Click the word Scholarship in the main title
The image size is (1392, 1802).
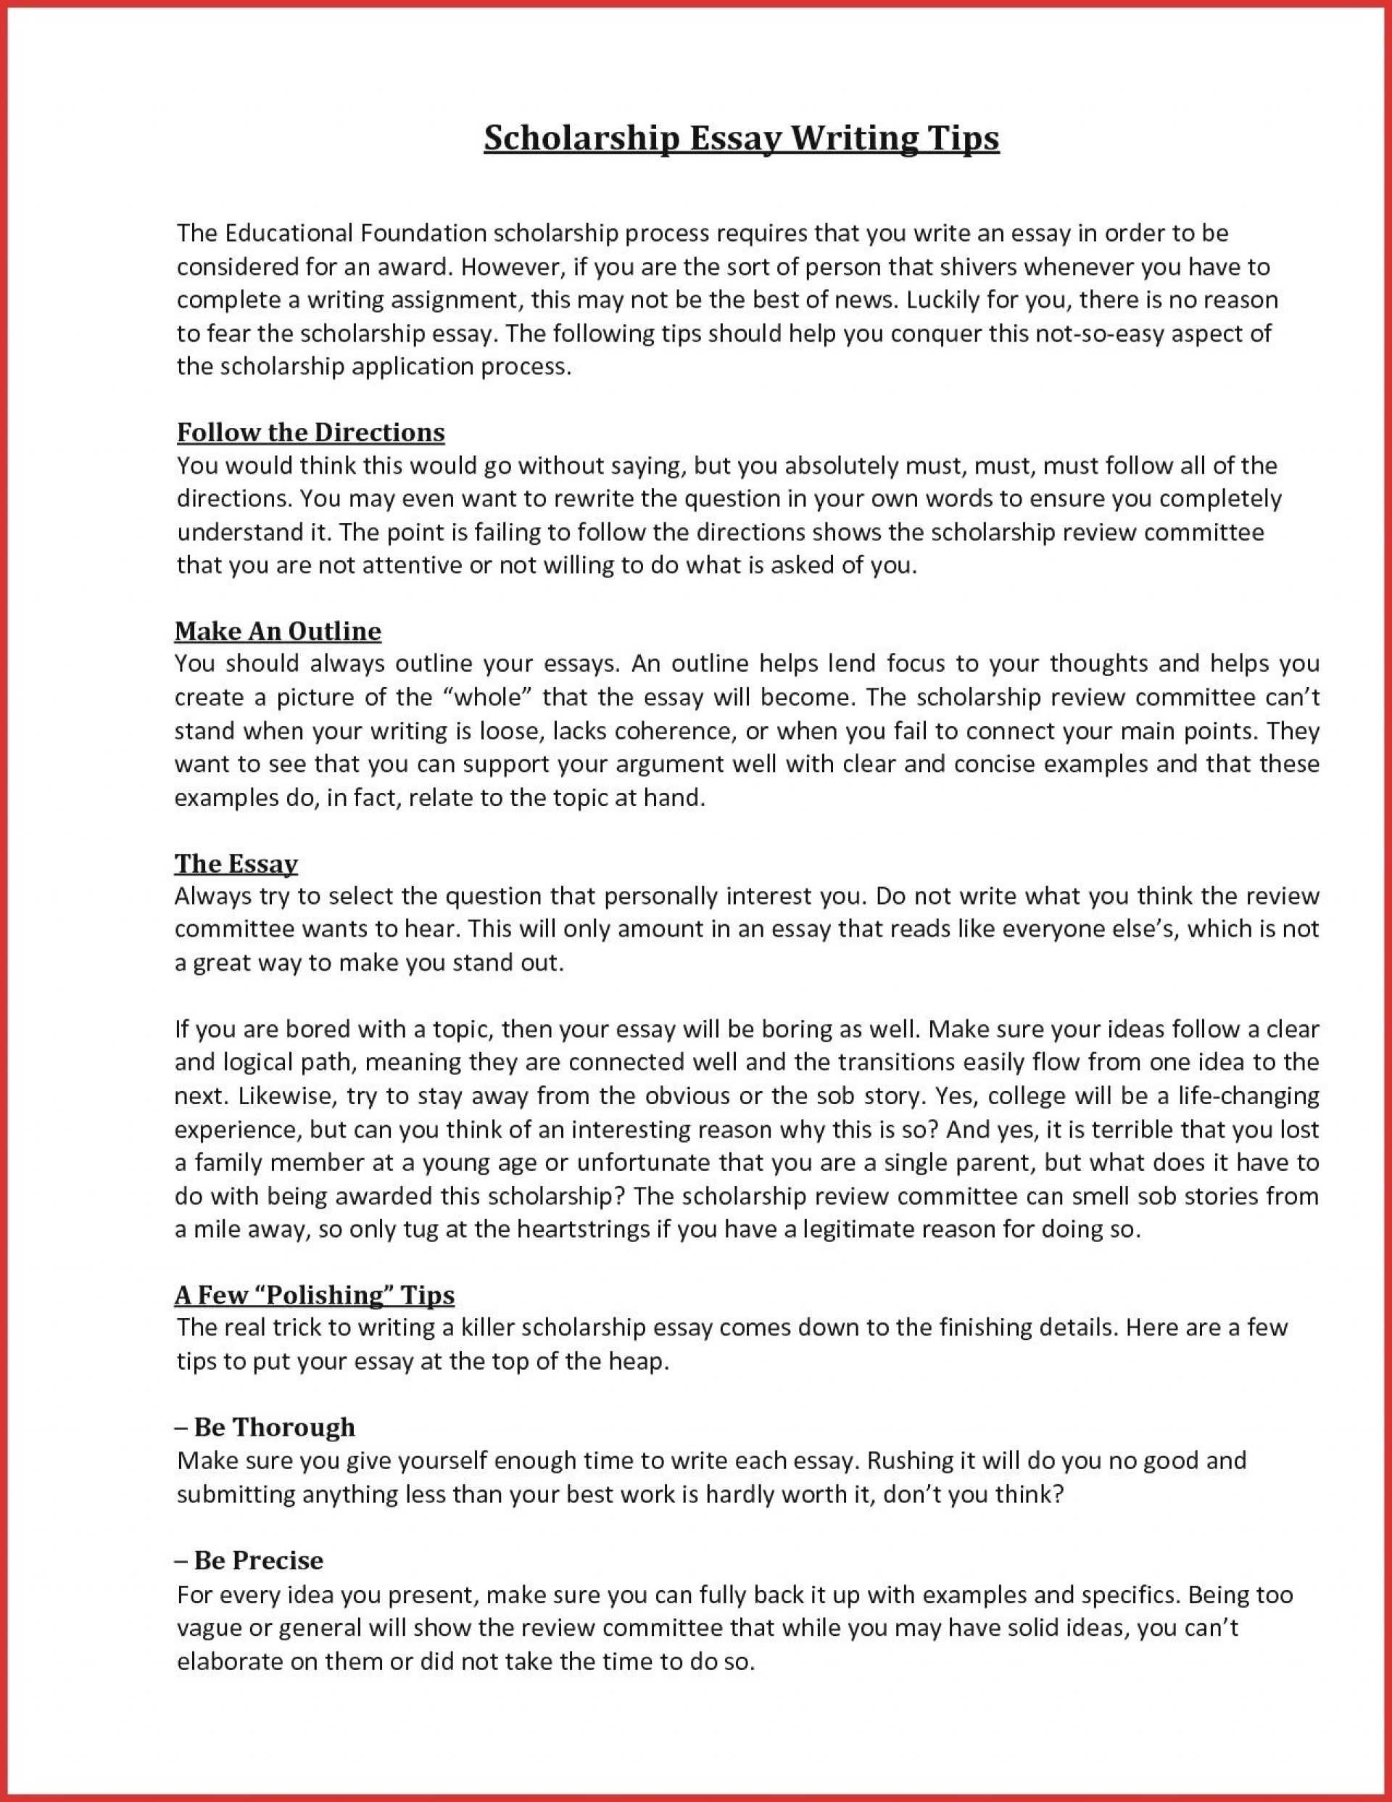[581, 139]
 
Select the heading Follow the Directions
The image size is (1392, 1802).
[311, 432]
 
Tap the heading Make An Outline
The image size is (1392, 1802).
[278, 631]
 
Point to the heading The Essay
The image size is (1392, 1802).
[236, 864]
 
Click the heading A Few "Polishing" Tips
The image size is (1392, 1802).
[314, 1296]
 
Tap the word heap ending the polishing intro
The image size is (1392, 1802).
[636, 1362]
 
